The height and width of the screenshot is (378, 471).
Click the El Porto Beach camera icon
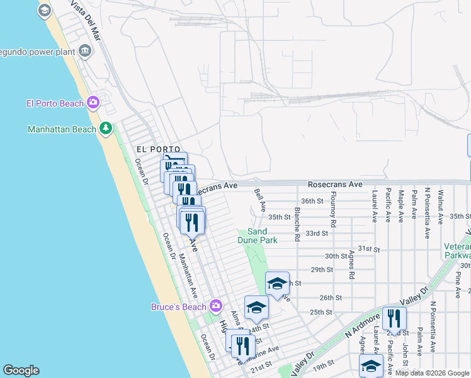coord(93,102)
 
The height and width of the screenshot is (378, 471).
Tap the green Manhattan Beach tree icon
coord(106,129)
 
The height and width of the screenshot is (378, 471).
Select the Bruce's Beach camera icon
coord(216,306)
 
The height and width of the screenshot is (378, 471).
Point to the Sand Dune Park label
coord(258,236)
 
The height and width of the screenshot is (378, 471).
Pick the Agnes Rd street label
coord(351,265)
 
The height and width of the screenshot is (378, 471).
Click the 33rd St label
coord(317,233)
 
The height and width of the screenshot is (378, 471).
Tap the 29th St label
coord(321,270)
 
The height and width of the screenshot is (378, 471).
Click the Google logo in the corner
coord(21,370)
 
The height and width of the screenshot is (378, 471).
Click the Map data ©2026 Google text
coord(431,373)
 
